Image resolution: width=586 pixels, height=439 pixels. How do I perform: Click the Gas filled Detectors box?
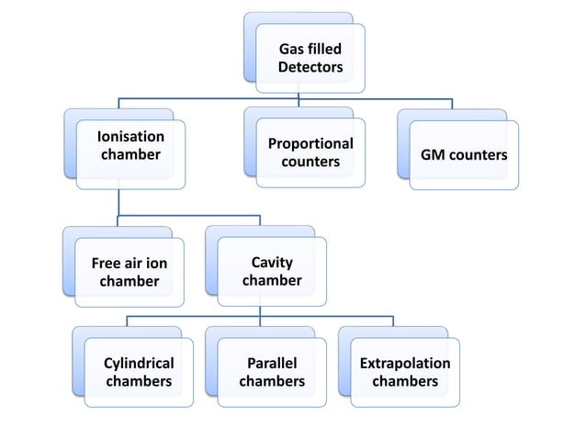(x=310, y=58)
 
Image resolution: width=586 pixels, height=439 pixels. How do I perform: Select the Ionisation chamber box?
(x=130, y=153)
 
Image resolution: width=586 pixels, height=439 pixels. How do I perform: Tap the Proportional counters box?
(x=310, y=153)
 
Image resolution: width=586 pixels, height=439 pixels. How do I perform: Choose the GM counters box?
(x=463, y=155)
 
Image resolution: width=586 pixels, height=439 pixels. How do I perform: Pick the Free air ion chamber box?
(x=130, y=272)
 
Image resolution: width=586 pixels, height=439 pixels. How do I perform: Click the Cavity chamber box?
(x=271, y=272)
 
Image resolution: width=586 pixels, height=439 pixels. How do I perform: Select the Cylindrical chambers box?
(x=139, y=372)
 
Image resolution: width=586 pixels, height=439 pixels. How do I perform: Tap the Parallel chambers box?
(x=271, y=372)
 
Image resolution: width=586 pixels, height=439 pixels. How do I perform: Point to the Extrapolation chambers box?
(x=404, y=372)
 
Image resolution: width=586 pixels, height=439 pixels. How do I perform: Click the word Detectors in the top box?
(x=311, y=68)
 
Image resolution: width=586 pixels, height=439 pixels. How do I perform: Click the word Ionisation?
(x=130, y=137)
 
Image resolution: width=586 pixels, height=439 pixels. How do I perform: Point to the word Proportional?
(x=310, y=144)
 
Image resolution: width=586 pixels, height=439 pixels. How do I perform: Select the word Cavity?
(x=272, y=264)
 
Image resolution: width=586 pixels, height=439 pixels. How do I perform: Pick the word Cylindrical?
(x=139, y=363)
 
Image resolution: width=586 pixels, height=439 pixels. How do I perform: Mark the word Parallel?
(x=272, y=363)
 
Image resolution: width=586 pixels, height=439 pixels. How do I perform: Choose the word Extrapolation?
(x=405, y=363)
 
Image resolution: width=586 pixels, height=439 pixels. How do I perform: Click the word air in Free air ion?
(x=135, y=264)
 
